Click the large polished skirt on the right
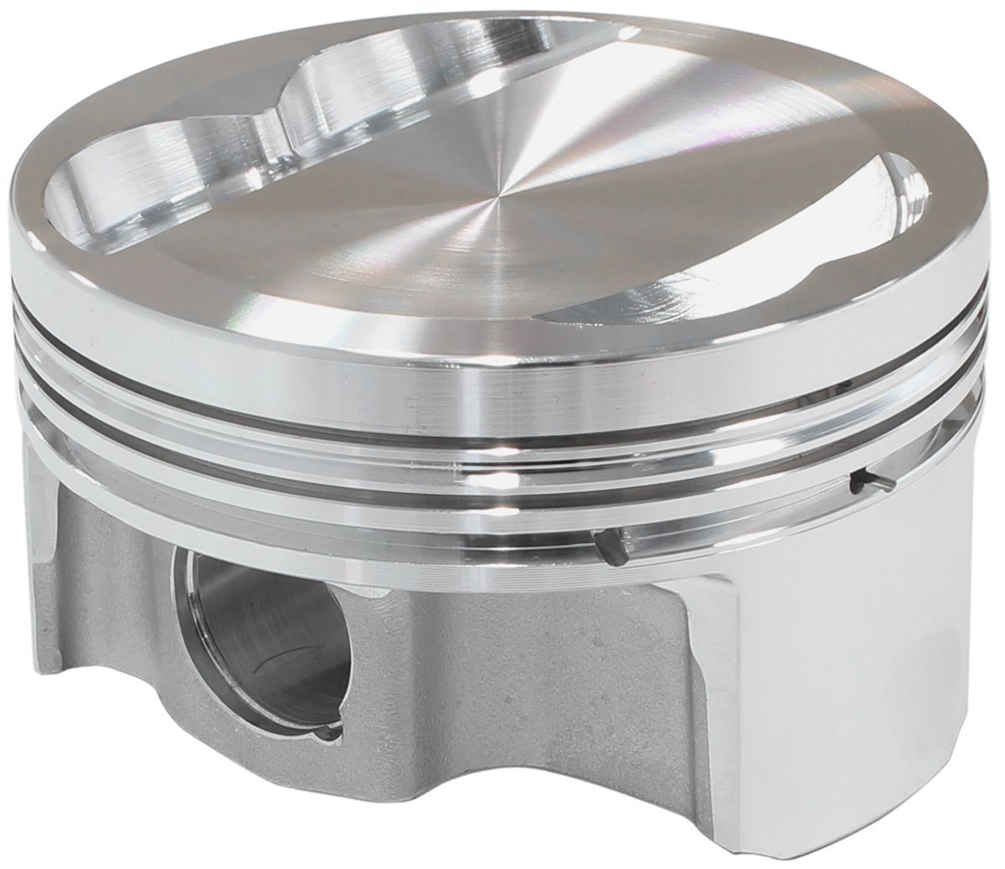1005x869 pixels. tap(837, 670)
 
